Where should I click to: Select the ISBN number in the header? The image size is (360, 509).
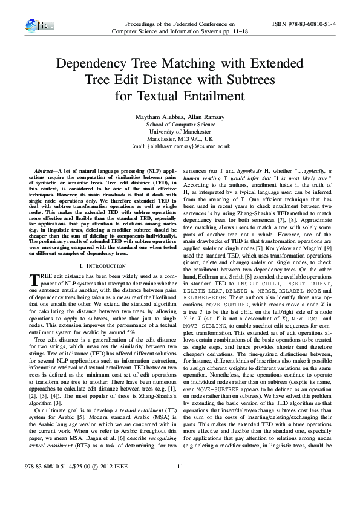coord(306,23)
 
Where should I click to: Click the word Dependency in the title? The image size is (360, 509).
coord(91,64)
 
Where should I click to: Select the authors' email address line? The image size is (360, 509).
coord(180,146)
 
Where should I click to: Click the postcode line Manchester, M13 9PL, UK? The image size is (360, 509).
coord(180,138)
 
